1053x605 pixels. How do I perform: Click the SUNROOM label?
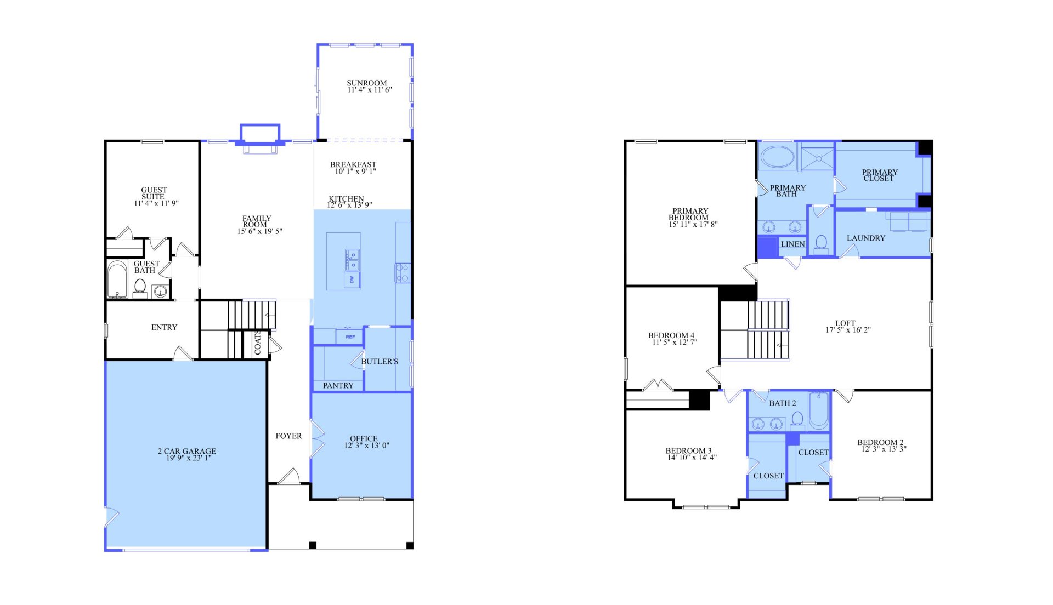tap(366, 83)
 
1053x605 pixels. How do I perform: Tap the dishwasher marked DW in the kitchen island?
tap(352, 280)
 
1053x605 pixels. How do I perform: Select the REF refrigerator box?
tap(349, 336)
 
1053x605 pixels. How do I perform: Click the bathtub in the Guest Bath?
tap(117, 279)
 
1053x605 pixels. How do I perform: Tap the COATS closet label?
tap(257, 344)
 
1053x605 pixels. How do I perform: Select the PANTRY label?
tap(338, 386)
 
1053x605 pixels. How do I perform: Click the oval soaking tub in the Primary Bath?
tap(777, 157)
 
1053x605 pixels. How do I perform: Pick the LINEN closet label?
tap(792, 244)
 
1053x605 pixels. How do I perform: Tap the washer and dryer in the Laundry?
tap(908, 222)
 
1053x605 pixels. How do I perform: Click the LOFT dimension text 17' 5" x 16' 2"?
tap(848, 330)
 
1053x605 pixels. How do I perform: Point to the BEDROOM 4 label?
tap(671, 335)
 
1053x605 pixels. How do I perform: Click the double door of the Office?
tap(317, 438)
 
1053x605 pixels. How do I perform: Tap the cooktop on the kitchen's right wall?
tap(402, 272)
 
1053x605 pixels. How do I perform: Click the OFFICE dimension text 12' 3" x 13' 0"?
tap(366, 446)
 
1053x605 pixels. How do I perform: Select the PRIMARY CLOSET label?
tap(879, 175)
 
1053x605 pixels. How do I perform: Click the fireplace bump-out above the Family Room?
tap(260, 133)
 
